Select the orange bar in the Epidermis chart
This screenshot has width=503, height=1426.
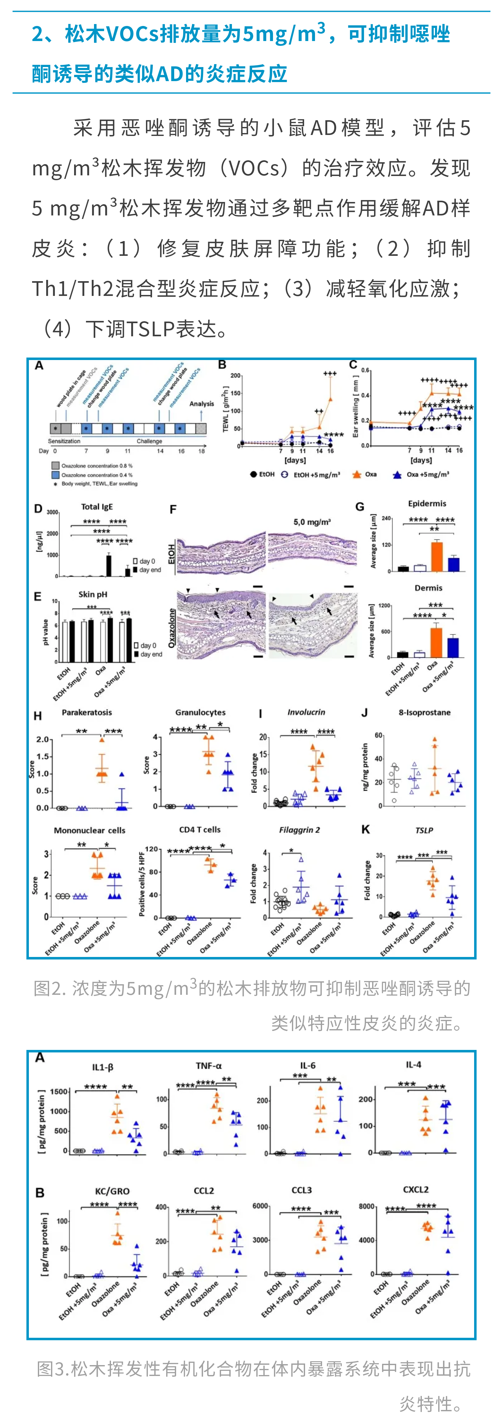tap(437, 556)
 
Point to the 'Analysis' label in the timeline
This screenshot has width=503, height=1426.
tap(202, 404)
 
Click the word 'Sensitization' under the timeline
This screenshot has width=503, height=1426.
tap(64, 441)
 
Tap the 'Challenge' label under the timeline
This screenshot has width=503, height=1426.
tap(149, 441)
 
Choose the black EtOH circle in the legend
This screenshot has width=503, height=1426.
tap(253, 474)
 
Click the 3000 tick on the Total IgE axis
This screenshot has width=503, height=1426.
tap(52, 513)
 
